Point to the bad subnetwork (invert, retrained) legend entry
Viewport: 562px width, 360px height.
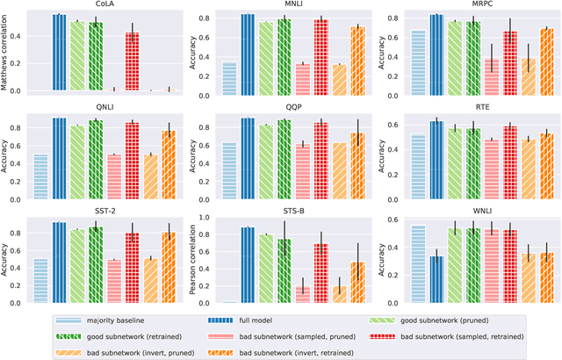(x=413, y=349)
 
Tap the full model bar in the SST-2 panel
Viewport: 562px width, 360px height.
(x=58, y=262)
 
